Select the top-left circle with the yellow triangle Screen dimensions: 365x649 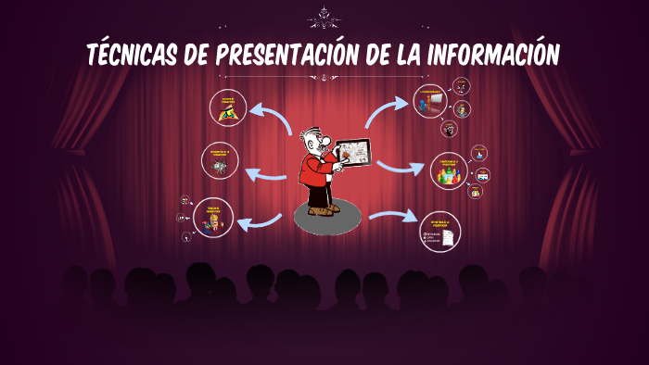click(227, 107)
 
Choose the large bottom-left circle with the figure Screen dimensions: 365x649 click(213, 218)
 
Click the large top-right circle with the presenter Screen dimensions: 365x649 click(430, 102)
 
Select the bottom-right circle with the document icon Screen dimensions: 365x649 click(439, 231)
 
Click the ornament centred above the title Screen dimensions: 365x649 click(324, 17)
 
